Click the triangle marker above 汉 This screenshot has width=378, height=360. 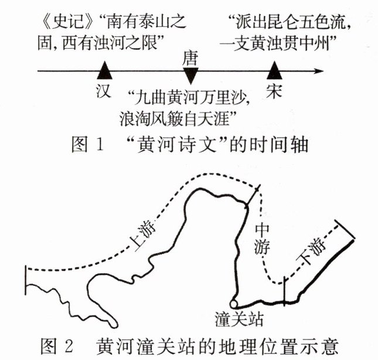point(105,71)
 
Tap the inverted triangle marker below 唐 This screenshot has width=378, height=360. point(191,74)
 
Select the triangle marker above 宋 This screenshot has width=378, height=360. point(273,71)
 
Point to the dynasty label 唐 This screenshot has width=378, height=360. point(191,57)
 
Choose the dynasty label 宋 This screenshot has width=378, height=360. point(273,91)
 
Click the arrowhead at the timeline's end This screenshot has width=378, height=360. point(318,72)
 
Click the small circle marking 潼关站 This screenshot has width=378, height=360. point(234,304)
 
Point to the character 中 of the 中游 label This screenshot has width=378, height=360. point(261,229)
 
